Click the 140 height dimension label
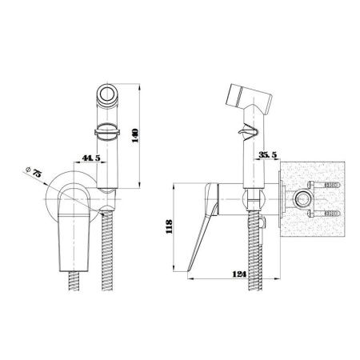point(136,135)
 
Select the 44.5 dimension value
point(91,158)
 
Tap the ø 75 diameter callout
point(34,172)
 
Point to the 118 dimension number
point(169,226)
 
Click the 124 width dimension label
point(240,274)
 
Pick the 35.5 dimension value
point(268,154)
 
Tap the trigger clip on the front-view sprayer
point(107,131)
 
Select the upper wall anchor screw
point(324,185)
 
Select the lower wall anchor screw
point(324,214)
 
